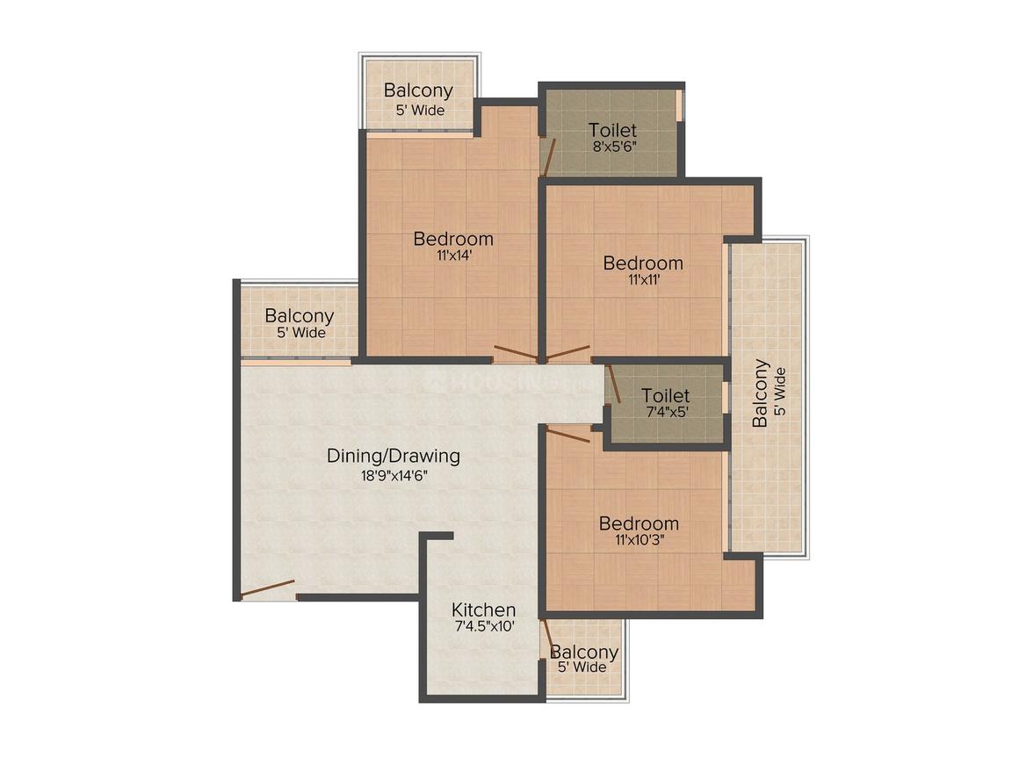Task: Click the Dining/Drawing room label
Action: pos(394,456)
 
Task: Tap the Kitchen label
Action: pos(483,609)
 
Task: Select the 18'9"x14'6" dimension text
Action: pos(394,477)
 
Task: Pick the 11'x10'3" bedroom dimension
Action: pos(639,541)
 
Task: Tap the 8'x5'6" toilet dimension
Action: pos(612,148)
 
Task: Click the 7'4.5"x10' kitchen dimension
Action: pos(483,627)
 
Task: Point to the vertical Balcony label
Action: pos(761,393)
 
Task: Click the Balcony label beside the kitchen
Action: pos(584,652)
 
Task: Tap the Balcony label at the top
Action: pos(418,90)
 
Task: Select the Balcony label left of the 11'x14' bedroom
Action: pos(300,315)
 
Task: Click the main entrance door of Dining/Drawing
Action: pos(268,588)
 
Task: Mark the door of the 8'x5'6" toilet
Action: pos(548,157)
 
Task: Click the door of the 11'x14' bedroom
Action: pos(515,354)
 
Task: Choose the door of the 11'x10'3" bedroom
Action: pos(568,433)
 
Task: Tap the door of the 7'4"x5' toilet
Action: pos(613,384)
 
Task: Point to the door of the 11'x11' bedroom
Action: pos(568,353)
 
